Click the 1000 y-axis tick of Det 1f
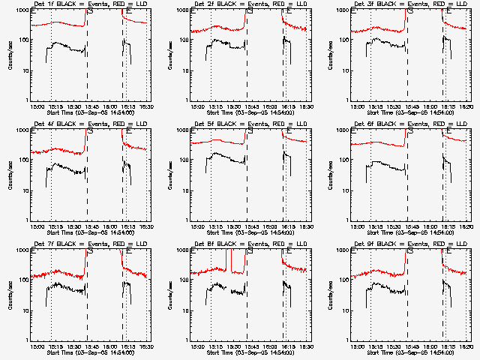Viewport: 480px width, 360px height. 23,11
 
